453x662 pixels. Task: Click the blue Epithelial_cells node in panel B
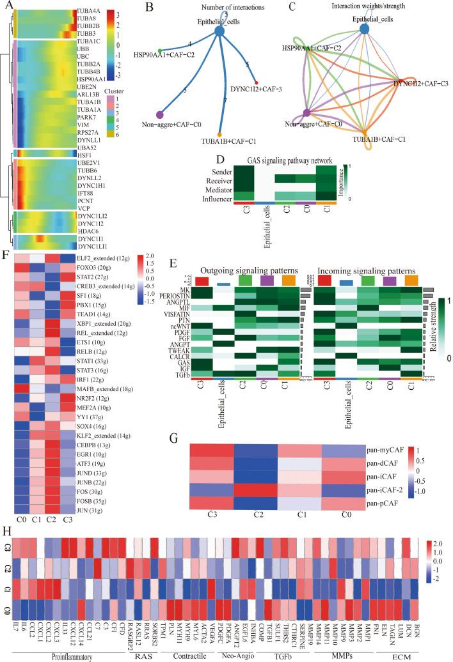[x=221, y=31]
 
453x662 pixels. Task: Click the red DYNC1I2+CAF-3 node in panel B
[x=257, y=83]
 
